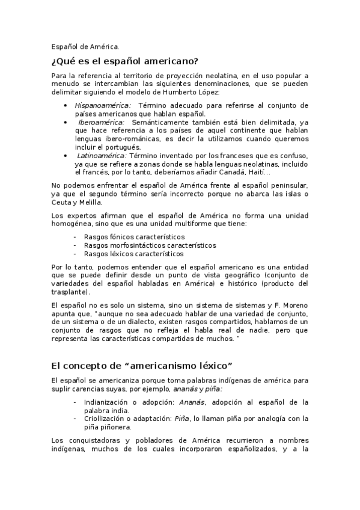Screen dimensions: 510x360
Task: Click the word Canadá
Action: (x=218, y=172)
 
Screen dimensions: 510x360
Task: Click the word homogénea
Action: (x=72, y=224)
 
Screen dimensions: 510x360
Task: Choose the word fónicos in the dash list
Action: (x=120, y=237)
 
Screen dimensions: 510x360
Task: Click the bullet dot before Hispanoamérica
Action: (x=65, y=105)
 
